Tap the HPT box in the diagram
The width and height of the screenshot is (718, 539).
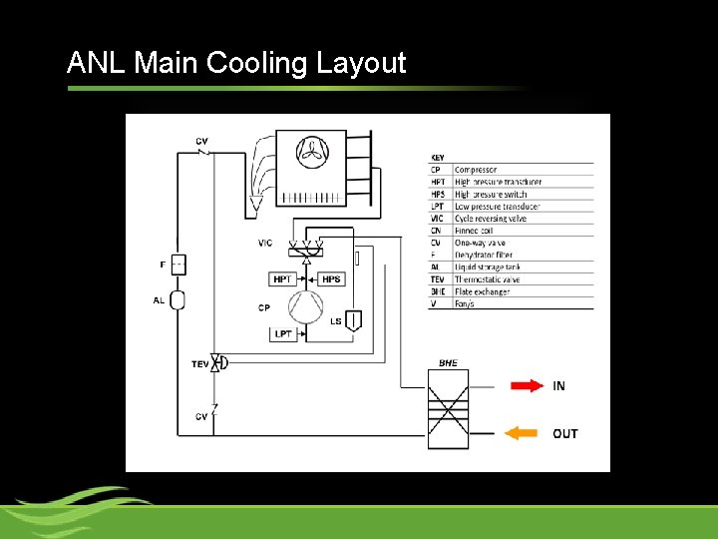pos(282,279)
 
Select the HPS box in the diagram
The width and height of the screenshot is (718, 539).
pos(331,279)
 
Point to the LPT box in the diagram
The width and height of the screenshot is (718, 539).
pos(282,333)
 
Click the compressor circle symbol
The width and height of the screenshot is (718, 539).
pos(307,306)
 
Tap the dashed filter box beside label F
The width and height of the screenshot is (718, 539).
pos(179,265)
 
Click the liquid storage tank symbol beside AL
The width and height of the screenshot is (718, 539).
pos(179,299)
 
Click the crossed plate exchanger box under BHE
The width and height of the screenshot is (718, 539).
pos(448,409)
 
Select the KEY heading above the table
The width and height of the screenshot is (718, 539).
pos(438,158)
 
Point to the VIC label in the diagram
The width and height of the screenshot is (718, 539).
pos(264,244)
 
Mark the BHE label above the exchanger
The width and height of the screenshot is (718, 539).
pos(448,363)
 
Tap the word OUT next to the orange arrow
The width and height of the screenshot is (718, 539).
pos(565,433)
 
